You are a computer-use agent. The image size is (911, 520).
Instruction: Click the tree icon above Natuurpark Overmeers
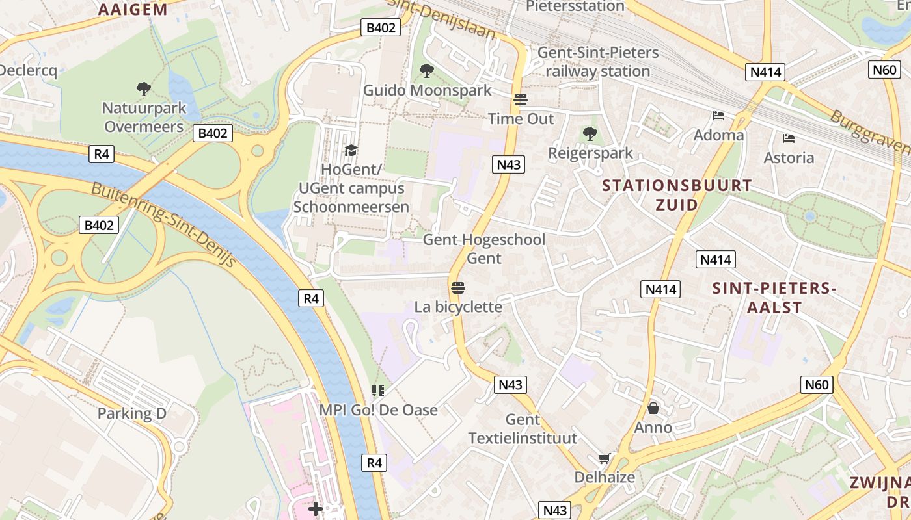(143, 88)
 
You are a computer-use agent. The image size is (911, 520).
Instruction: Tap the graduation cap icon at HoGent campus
(351, 150)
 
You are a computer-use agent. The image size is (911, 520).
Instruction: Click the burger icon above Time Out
(520, 99)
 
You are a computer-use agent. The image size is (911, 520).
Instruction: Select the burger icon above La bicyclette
(457, 287)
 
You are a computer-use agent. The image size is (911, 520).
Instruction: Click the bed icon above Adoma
(718, 116)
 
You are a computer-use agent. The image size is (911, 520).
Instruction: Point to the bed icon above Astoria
(789, 138)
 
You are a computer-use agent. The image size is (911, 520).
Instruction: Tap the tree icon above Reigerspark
(590, 134)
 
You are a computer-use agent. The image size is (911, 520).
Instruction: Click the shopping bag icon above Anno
(653, 408)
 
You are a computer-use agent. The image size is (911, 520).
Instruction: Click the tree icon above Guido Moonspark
(427, 70)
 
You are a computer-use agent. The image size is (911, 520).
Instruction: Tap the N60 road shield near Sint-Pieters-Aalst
(817, 385)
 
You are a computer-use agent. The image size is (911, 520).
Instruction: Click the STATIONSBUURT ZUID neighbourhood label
(677, 195)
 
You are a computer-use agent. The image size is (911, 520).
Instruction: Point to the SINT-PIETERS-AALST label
(774, 297)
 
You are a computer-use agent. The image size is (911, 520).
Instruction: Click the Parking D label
(132, 413)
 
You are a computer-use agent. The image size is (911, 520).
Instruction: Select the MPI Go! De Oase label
(378, 410)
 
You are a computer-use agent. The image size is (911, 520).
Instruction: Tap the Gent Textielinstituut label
(523, 429)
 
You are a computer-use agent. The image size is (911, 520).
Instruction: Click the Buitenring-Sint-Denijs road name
(163, 224)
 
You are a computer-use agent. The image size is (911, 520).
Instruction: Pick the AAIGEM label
(133, 9)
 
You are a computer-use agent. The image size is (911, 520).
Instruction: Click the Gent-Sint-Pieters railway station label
(598, 62)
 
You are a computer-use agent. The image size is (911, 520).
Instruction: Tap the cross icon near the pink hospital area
(316, 508)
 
